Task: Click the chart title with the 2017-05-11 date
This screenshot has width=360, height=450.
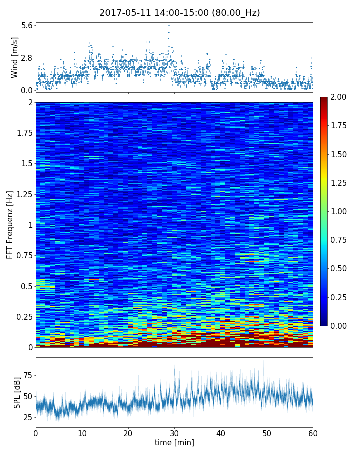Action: click(179, 13)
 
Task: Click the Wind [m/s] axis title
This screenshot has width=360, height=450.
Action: click(15, 57)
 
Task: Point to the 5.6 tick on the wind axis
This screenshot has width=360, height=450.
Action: click(27, 25)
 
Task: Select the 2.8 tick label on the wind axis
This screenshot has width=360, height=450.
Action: click(27, 58)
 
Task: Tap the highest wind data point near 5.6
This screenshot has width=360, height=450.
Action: click(169, 25)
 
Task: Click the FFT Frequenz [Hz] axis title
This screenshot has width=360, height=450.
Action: click(10, 224)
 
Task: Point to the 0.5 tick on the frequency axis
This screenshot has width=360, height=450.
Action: click(26, 286)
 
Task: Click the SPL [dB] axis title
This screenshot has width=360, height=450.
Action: click(17, 392)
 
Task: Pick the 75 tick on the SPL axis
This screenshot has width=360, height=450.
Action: click(27, 375)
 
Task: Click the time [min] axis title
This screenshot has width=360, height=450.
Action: click(174, 442)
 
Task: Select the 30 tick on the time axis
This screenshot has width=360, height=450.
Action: click(174, 432)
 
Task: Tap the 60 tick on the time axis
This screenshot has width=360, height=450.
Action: click(313, 432)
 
